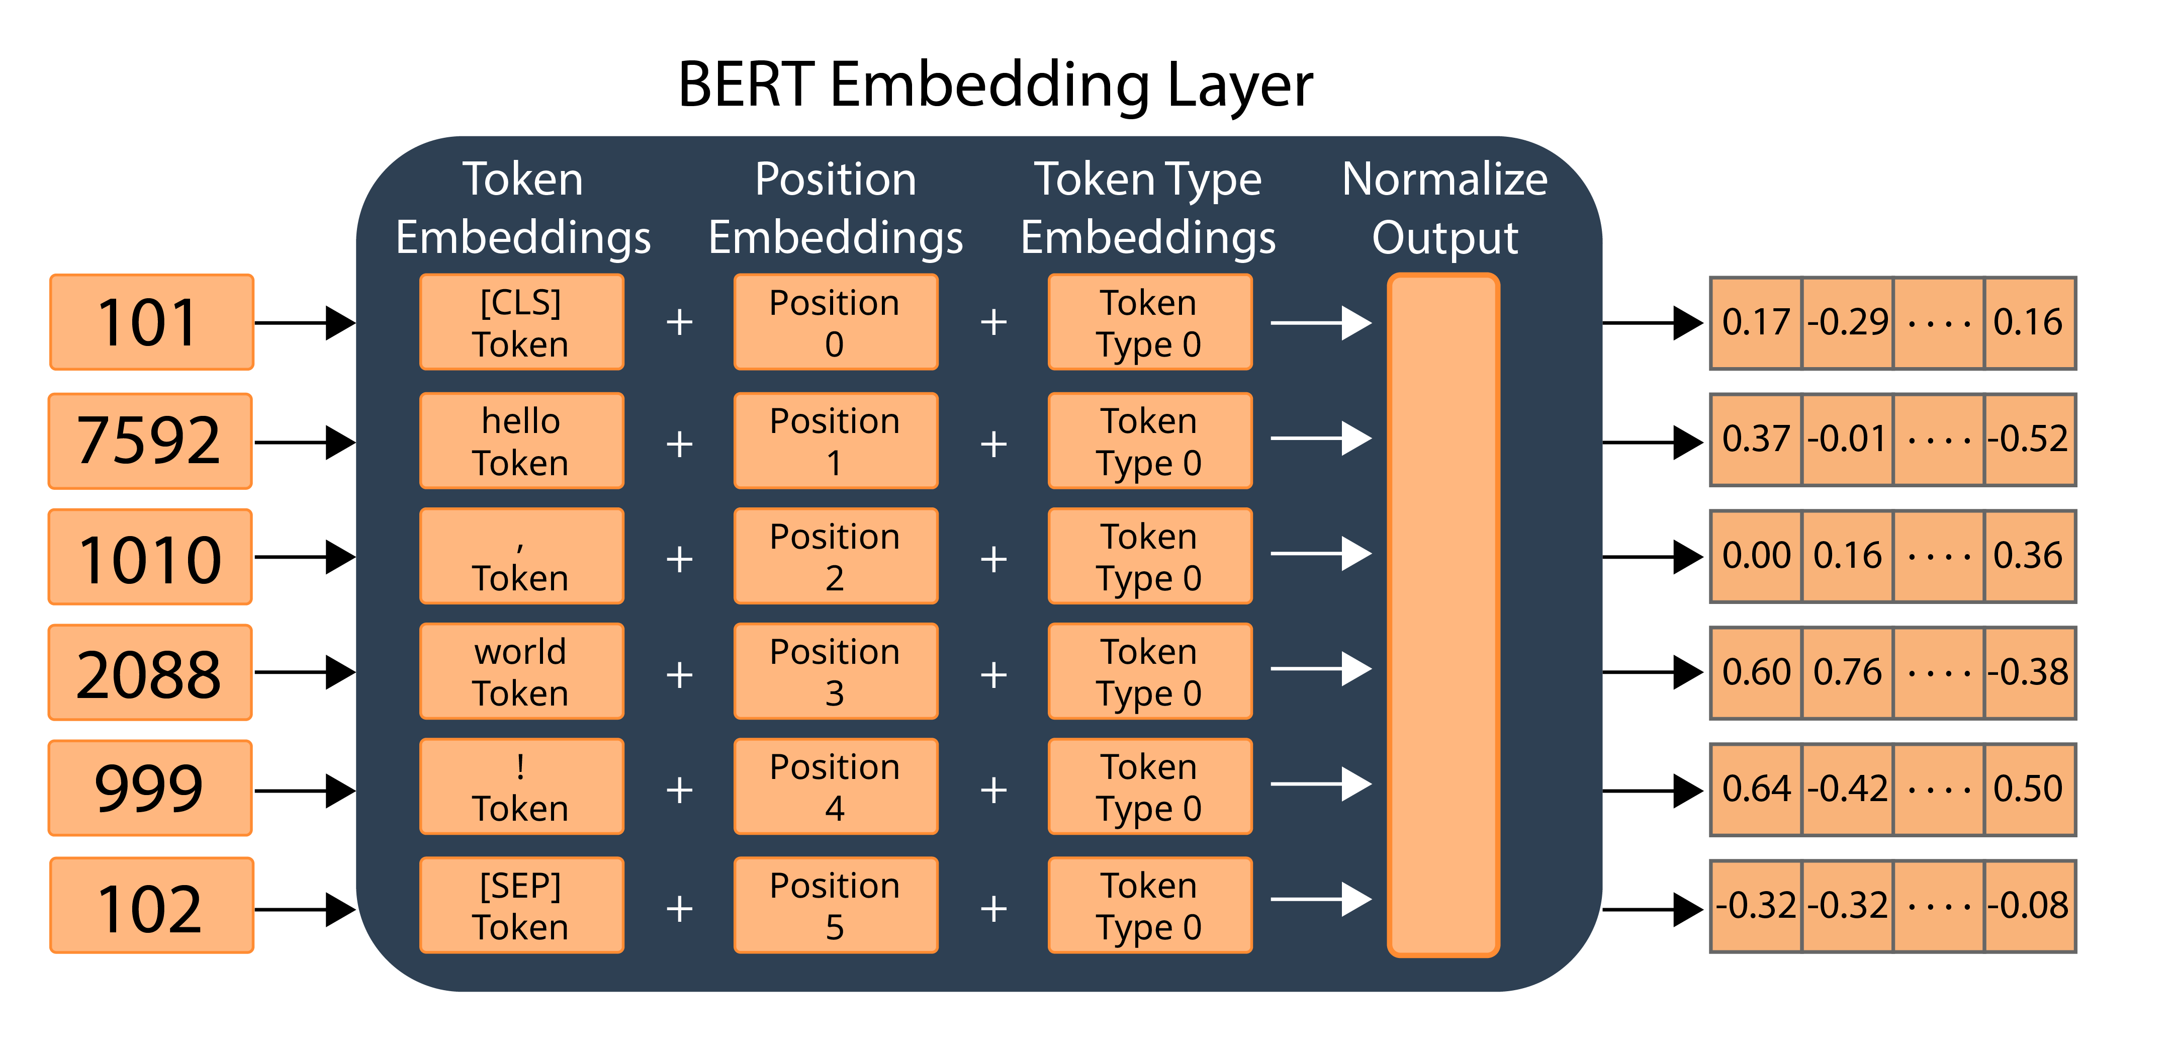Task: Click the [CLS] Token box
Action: point(521,322)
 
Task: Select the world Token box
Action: point(521,672)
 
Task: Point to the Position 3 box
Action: point(835,672)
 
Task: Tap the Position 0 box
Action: point(835,322)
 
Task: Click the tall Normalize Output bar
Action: point(1442,616)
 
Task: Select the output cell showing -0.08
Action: point(2029,906)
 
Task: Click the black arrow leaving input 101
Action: point(304,323)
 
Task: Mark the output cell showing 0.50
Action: point(2029,789)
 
